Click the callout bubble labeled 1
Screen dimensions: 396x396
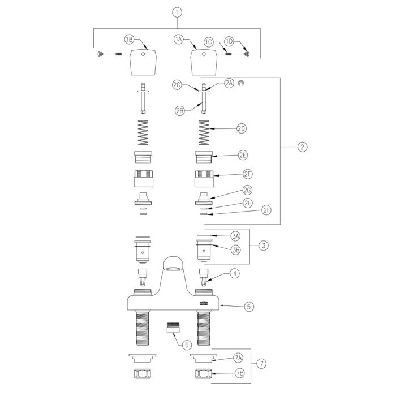click(x=177, y=12)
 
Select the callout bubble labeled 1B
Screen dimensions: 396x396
click(x=129, y=40)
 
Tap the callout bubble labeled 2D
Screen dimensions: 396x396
click(x=242, y=128)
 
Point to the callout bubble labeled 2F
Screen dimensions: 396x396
click(x=248, y=174)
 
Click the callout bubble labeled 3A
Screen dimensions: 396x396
click(x=235, y=236)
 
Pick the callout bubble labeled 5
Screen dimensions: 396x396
click(x=249, y=307)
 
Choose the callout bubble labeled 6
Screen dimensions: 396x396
click(x=187, y=345)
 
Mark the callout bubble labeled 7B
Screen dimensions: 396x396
click(x=240, y=373)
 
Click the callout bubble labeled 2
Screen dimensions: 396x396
click(x=302, y=147)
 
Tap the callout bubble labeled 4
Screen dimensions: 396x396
click(x=235, y=273)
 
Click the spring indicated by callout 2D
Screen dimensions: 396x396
click(x=204, y=132)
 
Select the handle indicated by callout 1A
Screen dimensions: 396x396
click(x=204, y=62)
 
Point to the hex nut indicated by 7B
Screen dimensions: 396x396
click(x=204, y=374)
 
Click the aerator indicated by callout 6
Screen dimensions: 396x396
click(x=173, y=328)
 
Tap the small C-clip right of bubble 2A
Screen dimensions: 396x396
click(x=241, y=83)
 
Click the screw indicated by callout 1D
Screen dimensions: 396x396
click(x=247, y=54)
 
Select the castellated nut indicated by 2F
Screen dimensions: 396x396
click(x=204, y=179)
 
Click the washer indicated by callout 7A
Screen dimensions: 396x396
click(x=204, y=358)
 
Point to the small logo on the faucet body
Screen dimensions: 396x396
click(x=204, y=303)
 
